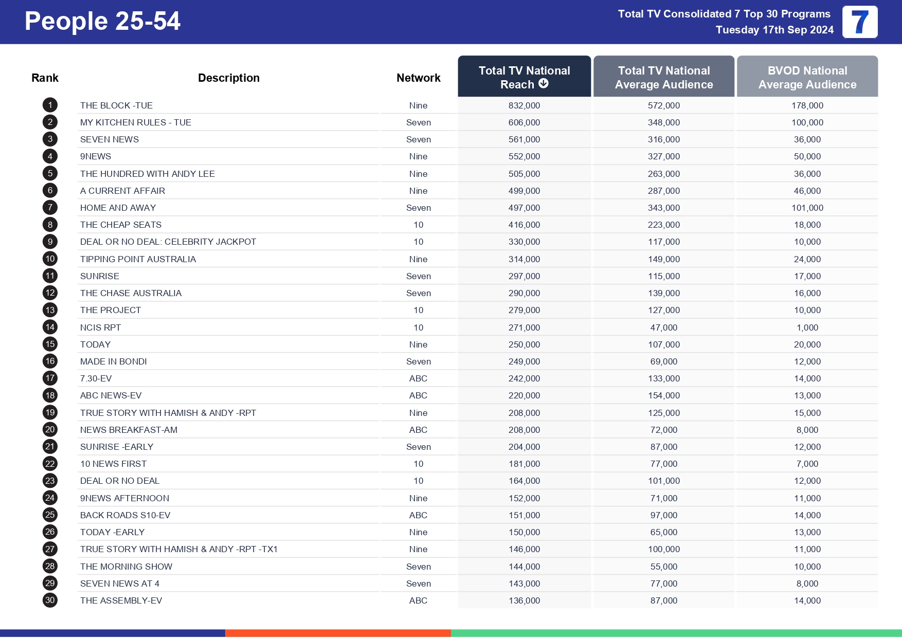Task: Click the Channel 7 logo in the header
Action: [859, 22]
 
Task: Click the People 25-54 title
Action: [102, 22]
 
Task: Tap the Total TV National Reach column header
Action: [524, 77]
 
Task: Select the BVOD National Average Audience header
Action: [807, 77]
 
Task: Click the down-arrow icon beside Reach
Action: [544, 84]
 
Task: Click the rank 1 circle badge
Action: [50, 105]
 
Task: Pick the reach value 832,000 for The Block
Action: [524, 105]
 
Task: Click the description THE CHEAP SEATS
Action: [121, 225]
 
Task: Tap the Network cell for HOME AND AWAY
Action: [418, 208]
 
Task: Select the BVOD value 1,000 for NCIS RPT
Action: [807, 327]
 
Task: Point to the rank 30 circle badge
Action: [50, 600]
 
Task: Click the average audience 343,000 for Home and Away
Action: [663, 208]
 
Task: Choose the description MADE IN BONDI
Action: [113, 361]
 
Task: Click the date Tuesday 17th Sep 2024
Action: [774, 30]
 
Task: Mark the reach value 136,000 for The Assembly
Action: [524, 600]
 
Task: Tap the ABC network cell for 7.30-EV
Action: [418, 378]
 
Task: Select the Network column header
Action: [418, 78]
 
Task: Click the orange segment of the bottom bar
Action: [338, 633]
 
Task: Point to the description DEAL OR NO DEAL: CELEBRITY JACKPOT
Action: [168, 242]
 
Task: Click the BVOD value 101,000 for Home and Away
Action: [807, 208]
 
